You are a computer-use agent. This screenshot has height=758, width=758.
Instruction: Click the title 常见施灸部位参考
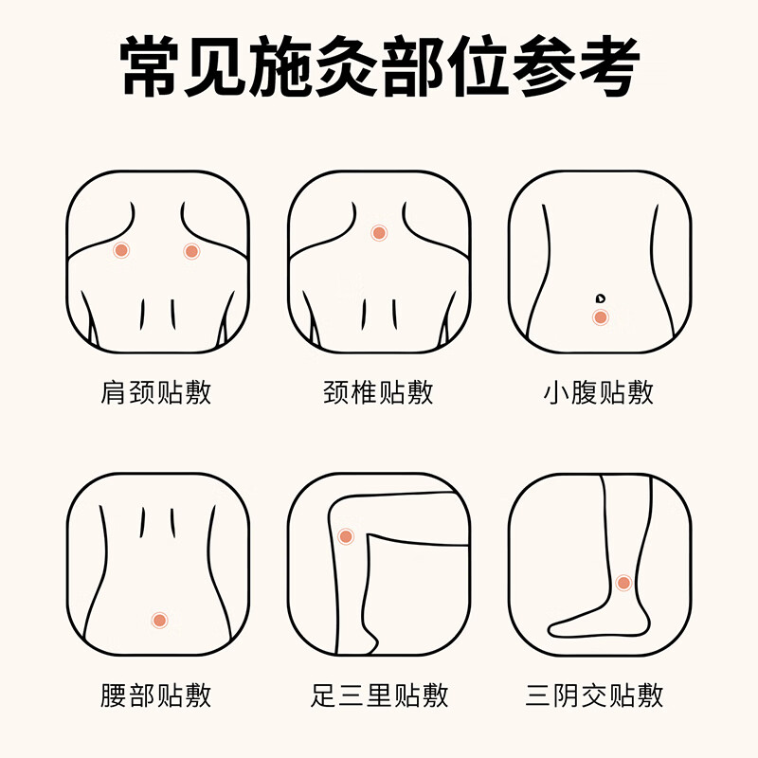[379, 65]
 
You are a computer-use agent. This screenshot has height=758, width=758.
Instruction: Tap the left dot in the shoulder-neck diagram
[121, 250]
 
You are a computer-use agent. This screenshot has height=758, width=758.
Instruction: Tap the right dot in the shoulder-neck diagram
[191, 251]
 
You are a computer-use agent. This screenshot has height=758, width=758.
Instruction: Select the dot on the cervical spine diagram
[379, 232]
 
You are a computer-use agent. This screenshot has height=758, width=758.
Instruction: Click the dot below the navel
[600, 317]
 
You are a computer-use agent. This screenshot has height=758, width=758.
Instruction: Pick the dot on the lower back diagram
[159, 620]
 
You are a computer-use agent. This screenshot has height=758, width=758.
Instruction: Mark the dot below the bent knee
[346, 536]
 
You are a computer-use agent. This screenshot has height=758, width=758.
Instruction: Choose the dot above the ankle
[623, 583]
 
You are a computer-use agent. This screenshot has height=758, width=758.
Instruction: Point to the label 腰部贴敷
[156, 696]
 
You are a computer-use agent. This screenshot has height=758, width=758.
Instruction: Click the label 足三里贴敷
[379, 696]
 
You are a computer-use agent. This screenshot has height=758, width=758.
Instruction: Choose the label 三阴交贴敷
[595, 696]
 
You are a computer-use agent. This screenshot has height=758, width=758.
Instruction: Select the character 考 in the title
[605, 65]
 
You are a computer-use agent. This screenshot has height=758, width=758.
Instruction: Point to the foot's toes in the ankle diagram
[559, 627]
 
